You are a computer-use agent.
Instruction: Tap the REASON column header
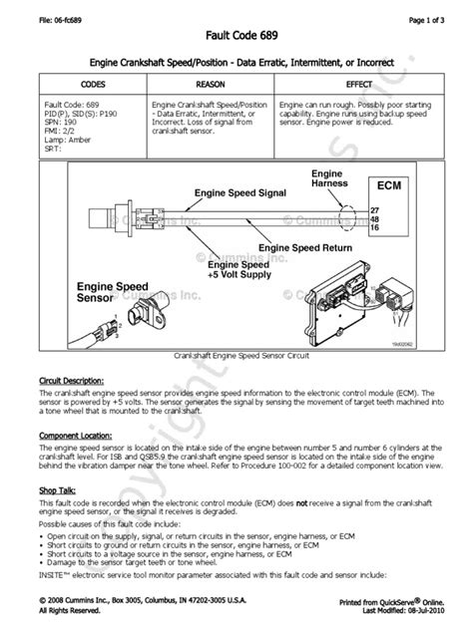tap(212, 85)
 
